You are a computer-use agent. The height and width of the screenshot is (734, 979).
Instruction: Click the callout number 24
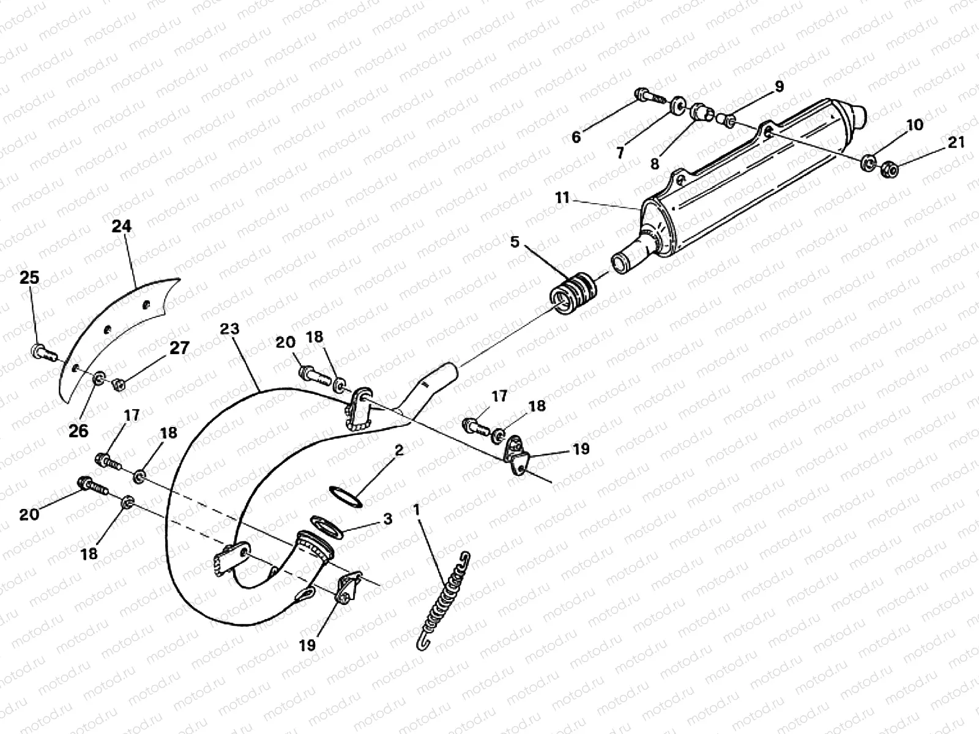(122, 226)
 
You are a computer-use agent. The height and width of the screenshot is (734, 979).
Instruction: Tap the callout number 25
(29, 278)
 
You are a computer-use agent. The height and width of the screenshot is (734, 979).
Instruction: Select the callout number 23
(229, 329)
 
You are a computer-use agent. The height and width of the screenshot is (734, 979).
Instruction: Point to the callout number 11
(562, 198)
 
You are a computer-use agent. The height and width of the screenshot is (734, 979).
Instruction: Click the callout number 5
(515, 242)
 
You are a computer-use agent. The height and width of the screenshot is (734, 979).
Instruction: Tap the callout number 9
(779, 87)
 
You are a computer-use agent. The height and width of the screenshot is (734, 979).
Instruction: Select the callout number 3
(387, 519)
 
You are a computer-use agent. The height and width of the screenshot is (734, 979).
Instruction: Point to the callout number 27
(179, 348)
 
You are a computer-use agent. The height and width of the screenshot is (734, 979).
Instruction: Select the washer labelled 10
(867, 163)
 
